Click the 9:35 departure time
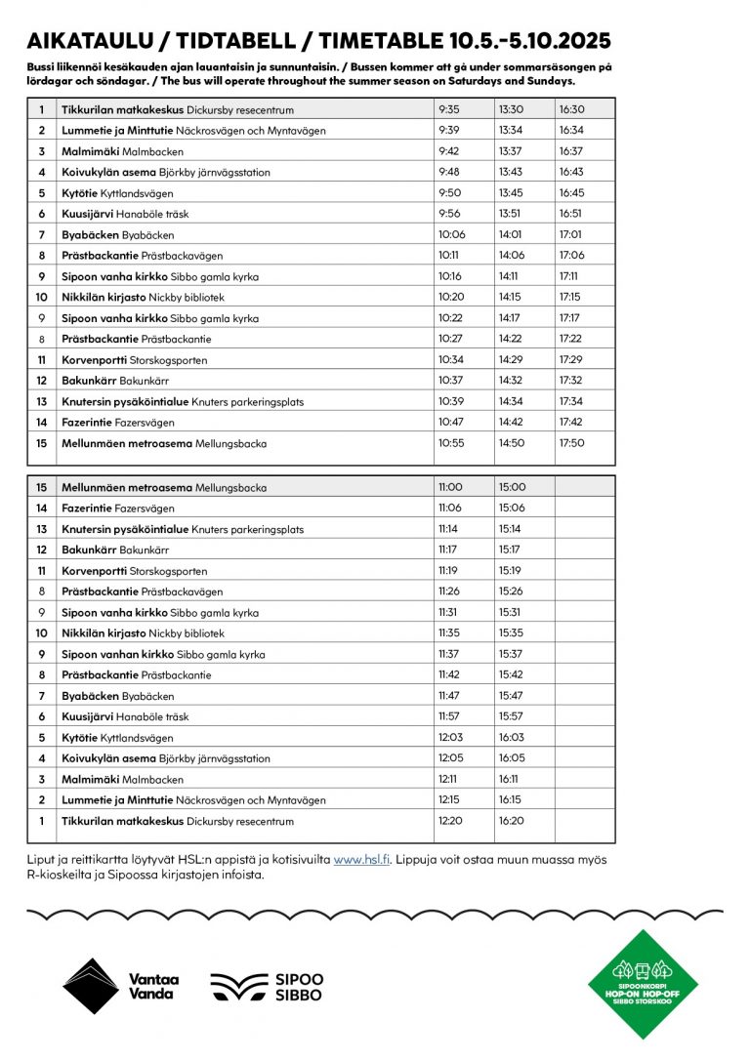tap(449, 109)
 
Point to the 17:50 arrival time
tap(571, 443)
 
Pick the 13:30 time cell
tap(511, 109)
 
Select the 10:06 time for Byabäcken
tap(452, 234)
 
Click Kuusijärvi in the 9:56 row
tap(87, 214)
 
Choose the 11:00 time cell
tap(450, 487)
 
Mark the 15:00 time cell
tap(512, 487)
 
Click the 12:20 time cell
tap(450, 821)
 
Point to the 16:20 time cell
tap(512, 821)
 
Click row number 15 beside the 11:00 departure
tap(42, 487)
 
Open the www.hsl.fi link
tap(361, 859)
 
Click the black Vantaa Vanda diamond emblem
tap(91, 986)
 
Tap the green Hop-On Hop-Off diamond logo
tap(642, 984)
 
